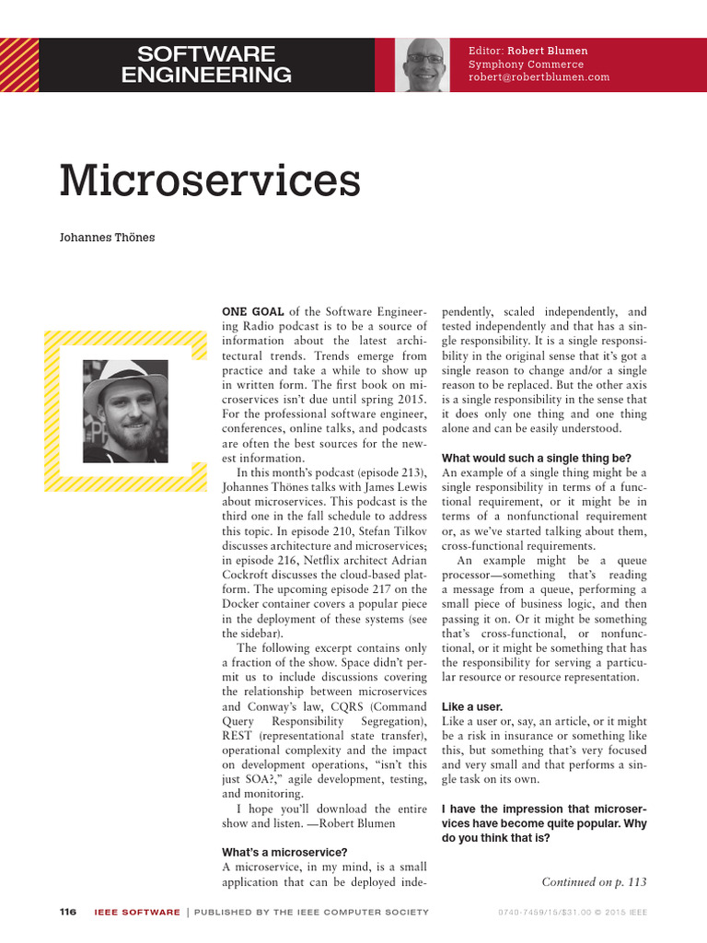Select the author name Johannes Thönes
pos(108,238)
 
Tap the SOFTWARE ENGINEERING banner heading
pos(206,64)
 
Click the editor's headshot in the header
pos(425,65)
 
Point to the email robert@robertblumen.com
pos(539,78)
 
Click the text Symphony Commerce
pos(526,64)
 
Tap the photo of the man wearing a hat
pos(125,411)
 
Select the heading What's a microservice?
pos(285,852)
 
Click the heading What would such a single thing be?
pos(537,459)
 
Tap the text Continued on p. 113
pos(594,882)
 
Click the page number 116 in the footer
pos(67,913)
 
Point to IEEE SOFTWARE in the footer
pos(137,913)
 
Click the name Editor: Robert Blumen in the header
pos(527,51)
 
